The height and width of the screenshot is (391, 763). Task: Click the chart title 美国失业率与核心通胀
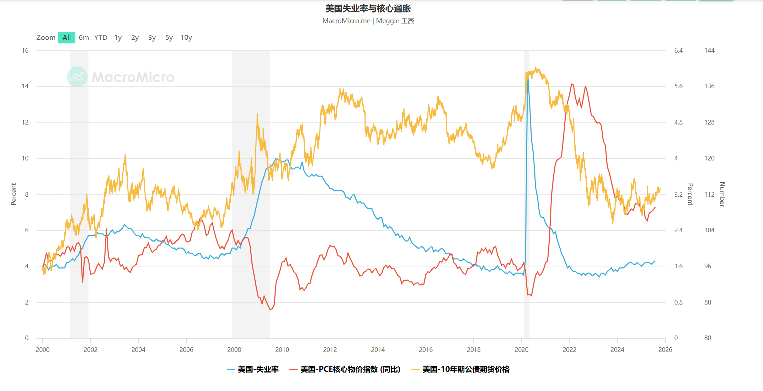click(368, 9)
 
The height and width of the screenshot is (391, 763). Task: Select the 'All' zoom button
click(66, 37)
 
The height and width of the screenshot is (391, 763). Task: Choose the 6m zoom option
click(84, 37)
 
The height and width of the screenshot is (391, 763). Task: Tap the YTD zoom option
click(101, 37)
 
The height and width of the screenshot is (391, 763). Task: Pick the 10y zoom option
click(186, 37)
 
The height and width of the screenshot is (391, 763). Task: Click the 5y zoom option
click(169, 37)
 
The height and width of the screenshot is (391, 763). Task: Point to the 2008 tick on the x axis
click(234, 349)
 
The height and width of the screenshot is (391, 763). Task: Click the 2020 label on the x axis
click(522, 349)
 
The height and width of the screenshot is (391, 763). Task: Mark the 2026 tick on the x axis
click(665, 349)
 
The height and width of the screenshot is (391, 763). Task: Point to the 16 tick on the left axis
click(25, 51)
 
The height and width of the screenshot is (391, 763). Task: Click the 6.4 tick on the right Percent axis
click(678, 51)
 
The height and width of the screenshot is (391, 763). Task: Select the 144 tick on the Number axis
click(709, 51)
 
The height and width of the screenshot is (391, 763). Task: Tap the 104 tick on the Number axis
click(709, 230)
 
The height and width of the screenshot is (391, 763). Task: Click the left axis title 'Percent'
click(14, 194)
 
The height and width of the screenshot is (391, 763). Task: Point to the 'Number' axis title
click(722, 194)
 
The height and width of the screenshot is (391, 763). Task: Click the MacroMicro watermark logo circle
click(77, 77)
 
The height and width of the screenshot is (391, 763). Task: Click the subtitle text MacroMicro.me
click(346, 21)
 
